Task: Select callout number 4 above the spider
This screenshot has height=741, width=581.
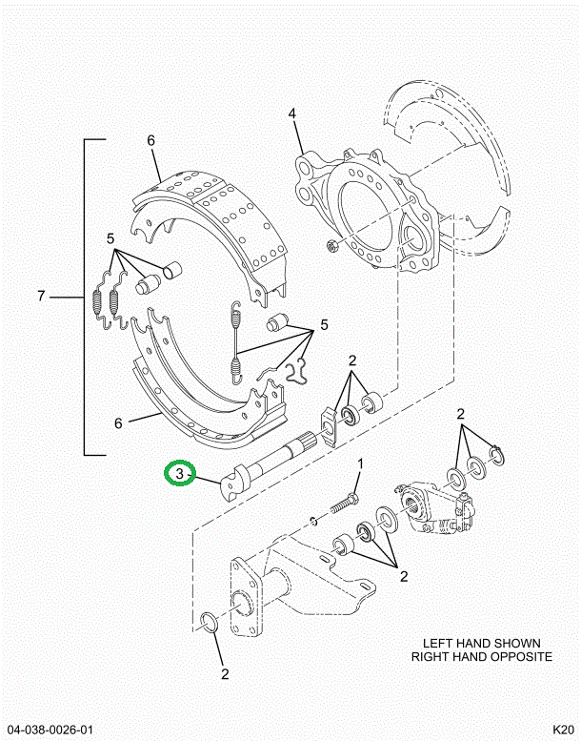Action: click(x=292, y=114)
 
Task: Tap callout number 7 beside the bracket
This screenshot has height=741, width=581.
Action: click(x=42, y=298)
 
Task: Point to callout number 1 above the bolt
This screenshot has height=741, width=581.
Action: click(x=360, y=464)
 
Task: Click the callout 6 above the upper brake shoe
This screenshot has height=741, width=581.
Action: click(x=150, y=141)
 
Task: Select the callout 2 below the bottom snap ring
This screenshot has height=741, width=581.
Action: click(x=225, y=674)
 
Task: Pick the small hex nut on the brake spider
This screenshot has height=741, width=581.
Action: click(x=332, y=249)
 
